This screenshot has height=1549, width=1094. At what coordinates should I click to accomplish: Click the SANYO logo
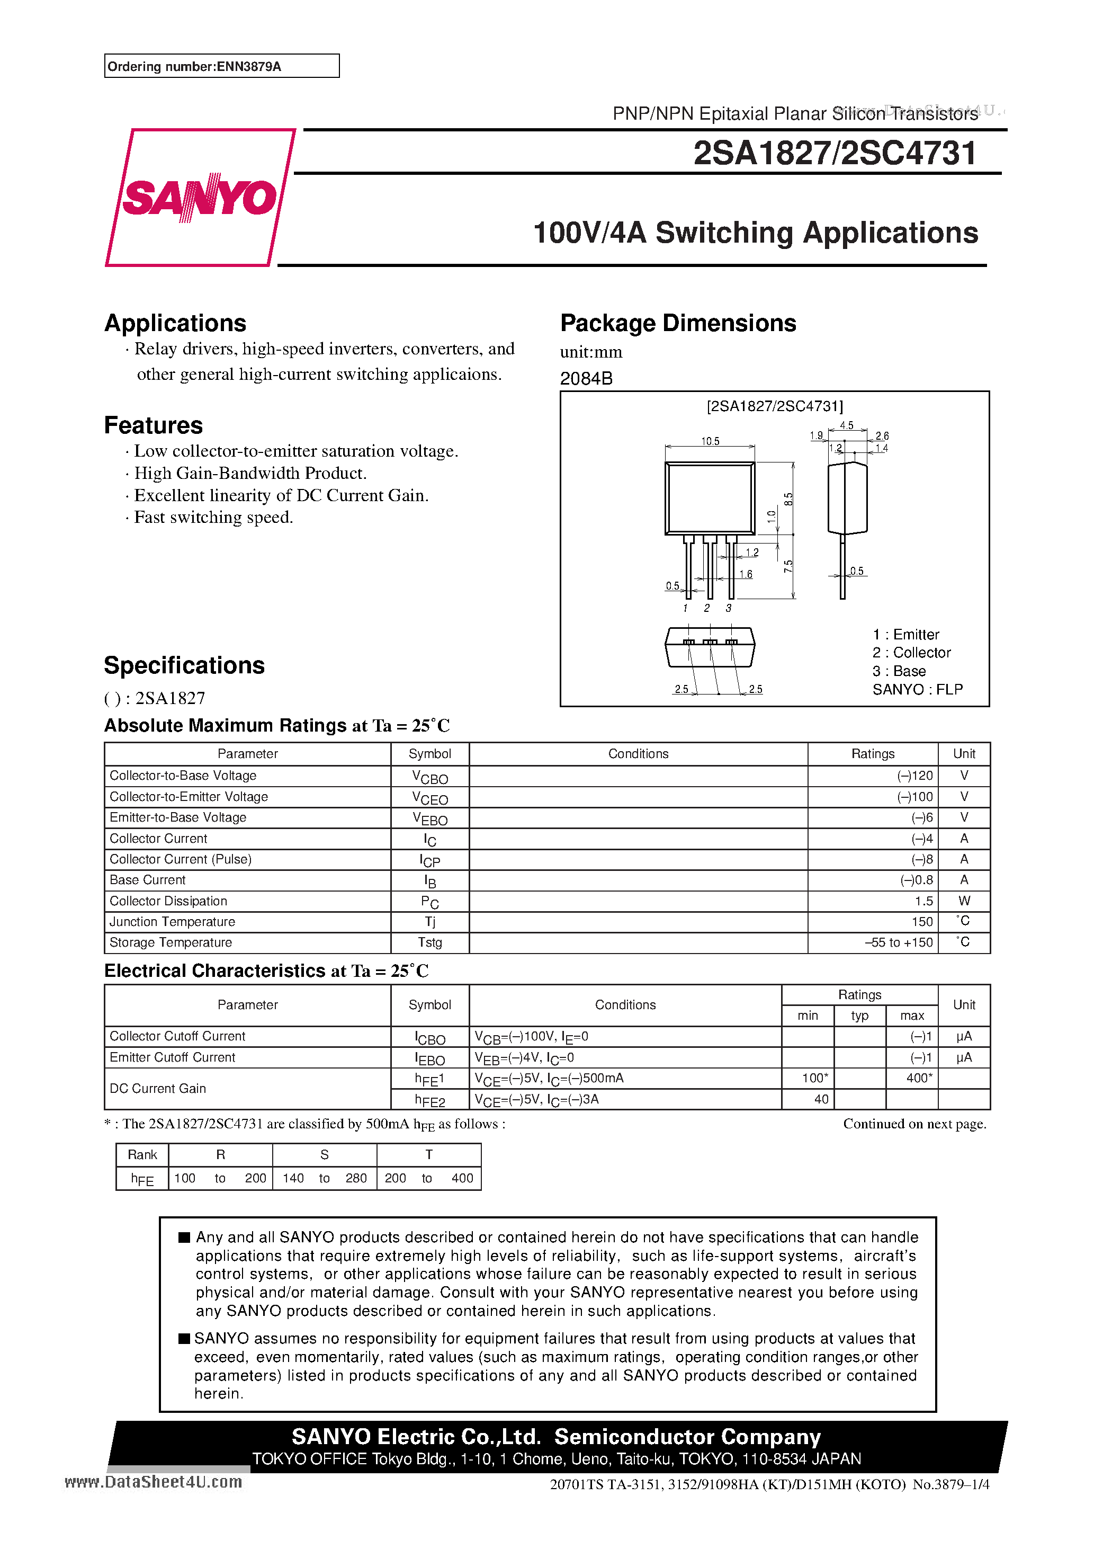(x=200, y=198)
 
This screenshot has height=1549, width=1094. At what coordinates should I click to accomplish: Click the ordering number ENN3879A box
(x=221, y=66)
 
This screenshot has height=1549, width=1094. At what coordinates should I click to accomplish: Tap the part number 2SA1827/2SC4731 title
(x=835, y=153)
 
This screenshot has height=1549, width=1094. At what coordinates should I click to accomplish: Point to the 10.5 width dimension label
(x=710, y=441)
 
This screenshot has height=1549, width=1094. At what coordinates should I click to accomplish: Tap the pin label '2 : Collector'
(x=911, y=652)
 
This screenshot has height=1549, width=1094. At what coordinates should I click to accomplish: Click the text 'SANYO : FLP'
(x=917, y=689)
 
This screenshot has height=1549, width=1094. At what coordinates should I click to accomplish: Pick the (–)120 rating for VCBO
(x=914, y=776)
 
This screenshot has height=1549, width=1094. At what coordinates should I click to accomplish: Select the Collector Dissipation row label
(x=168, y=901)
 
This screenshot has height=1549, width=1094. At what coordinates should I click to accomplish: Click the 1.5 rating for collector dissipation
(x=923, y=901)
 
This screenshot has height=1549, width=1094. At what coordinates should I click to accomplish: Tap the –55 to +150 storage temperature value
(x=899, y=942)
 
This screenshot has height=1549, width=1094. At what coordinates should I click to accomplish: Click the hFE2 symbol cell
(x=429, y=1100)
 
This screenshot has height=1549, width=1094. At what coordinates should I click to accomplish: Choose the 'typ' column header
(x=859, y=1016)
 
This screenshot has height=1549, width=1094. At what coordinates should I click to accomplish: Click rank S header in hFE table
(x=325, y=1155)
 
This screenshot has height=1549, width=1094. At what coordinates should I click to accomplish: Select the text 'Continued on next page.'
(x=914, y=1123)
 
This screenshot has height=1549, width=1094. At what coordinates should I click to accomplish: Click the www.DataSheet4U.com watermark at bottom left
(x=153, y=1482)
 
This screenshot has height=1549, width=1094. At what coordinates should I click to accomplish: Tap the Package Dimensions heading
(x=678, y=323)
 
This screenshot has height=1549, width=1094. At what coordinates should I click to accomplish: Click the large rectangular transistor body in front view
(x=710, y=498)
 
